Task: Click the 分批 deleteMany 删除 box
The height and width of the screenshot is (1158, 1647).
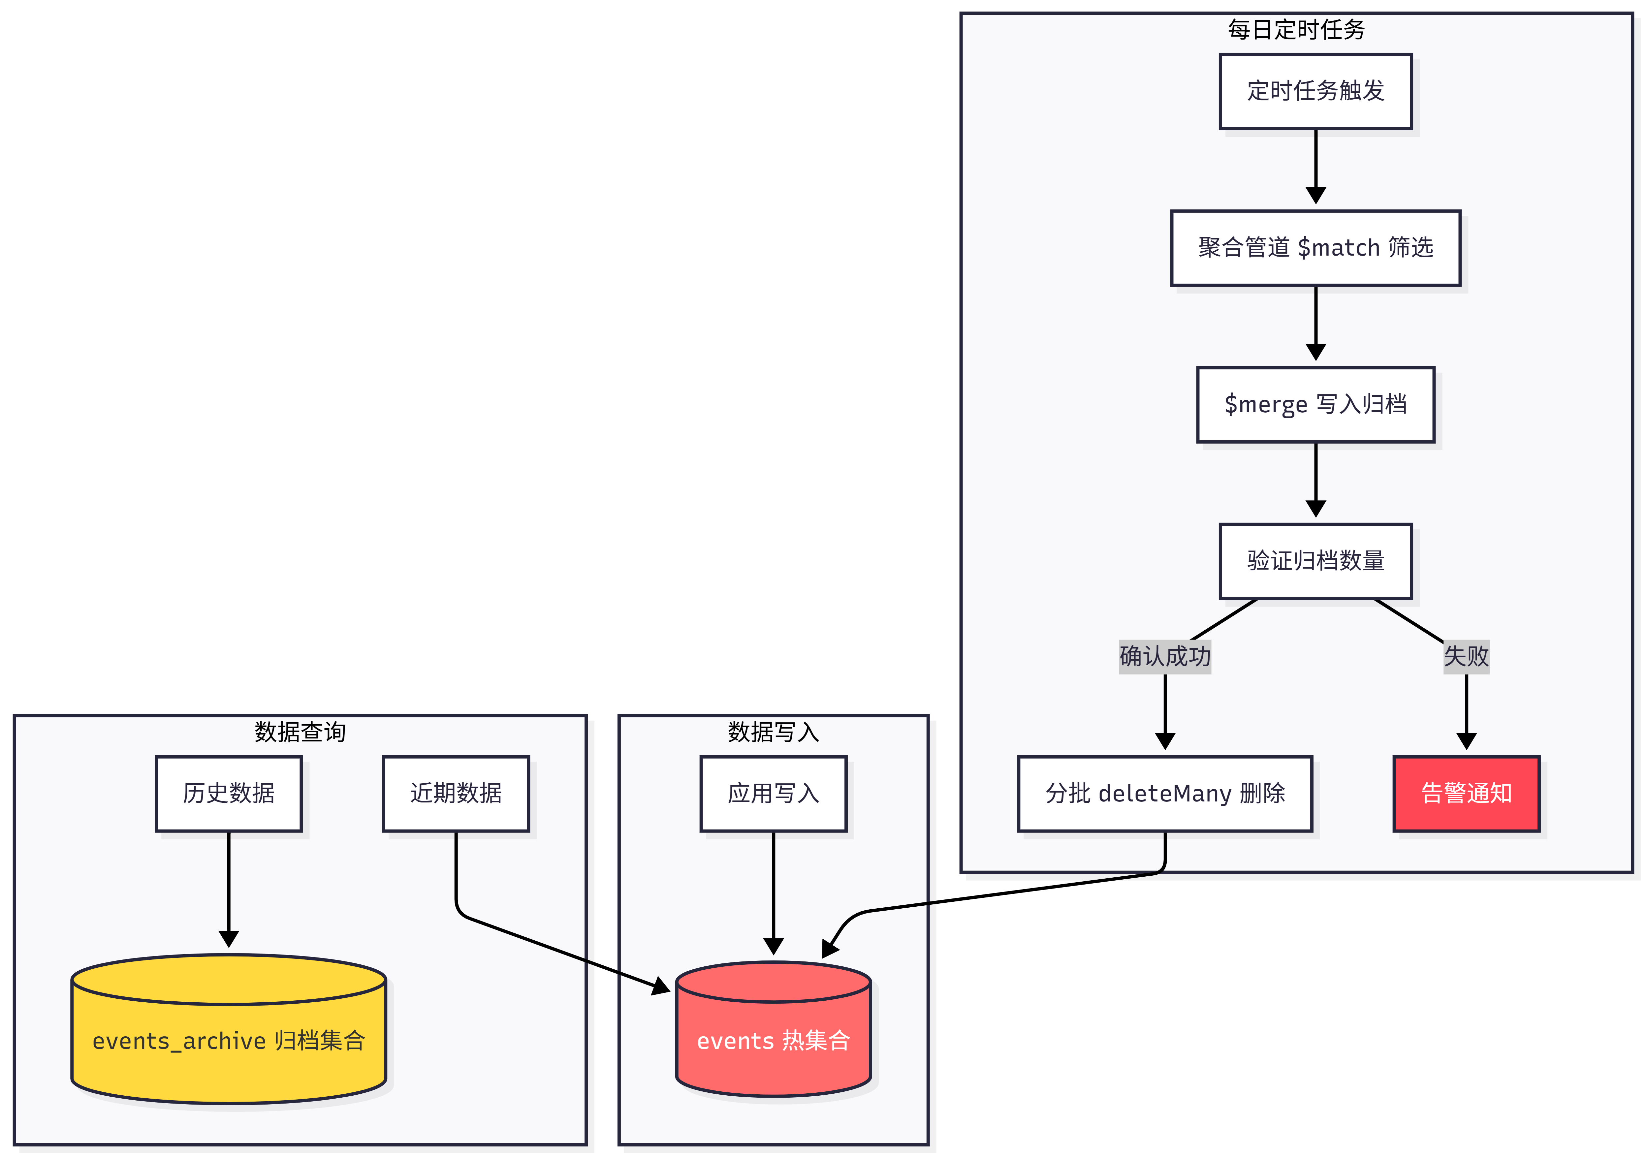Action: pyautogui.click(x=1165, y=793)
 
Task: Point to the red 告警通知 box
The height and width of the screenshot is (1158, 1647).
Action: pyautogui.click(x=1466, y=793)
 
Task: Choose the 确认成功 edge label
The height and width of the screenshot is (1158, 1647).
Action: pyautogui.click(x=1165, y=656)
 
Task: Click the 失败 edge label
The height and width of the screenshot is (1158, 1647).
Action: pyautogui.click(x=1466, y=656)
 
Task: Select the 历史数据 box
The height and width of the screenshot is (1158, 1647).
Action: pyautogui.click(x=229, y=793)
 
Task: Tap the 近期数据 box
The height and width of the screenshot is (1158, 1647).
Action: pyautogui.click(x=456, y=793)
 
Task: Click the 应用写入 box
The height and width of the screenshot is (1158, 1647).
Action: pyautogui.click(x=773, y=793)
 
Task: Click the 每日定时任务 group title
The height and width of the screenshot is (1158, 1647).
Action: pyautogui.click(x=1296, y=29)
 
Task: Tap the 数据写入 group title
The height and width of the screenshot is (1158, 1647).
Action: pyautogui.click(x=773, y=732)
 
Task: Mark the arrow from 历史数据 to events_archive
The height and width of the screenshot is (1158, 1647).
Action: pyautogui.click(x=229, y=889)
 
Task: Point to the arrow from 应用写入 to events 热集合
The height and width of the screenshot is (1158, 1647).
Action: pyautogui.click(x=773, y=893)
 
